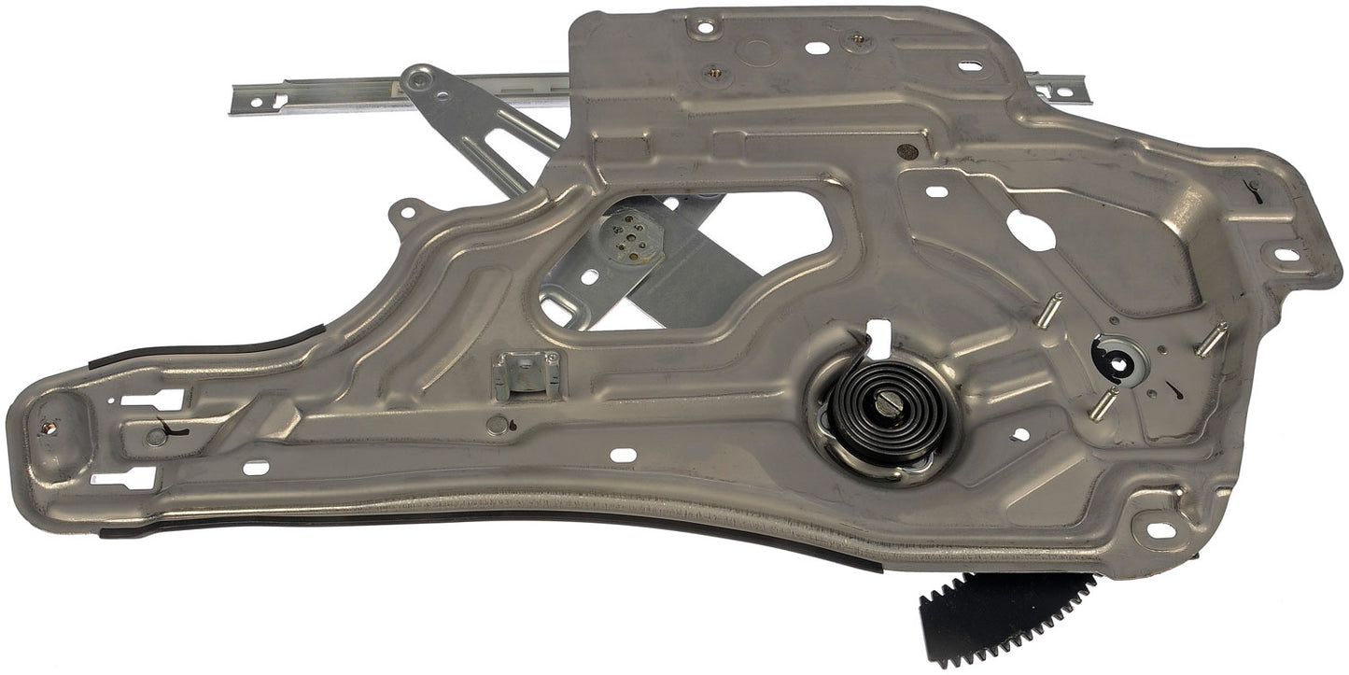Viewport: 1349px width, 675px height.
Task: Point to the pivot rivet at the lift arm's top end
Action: click(x=419, y=80)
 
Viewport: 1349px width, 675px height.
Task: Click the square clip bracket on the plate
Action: click(x=527, y=373)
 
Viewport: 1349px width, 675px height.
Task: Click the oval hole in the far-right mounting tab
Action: click(x=1286, y=254)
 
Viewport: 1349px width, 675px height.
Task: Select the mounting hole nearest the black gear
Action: click(x=1160, y=529)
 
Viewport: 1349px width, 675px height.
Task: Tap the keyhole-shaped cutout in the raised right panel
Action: click(x=1030, y=229)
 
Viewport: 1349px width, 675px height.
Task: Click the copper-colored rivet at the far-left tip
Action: click(x=49, y=428)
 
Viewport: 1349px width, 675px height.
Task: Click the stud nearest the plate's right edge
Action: click(x=1211, y=339)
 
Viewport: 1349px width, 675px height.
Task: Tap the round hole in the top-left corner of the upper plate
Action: click(x=705, y=27)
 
